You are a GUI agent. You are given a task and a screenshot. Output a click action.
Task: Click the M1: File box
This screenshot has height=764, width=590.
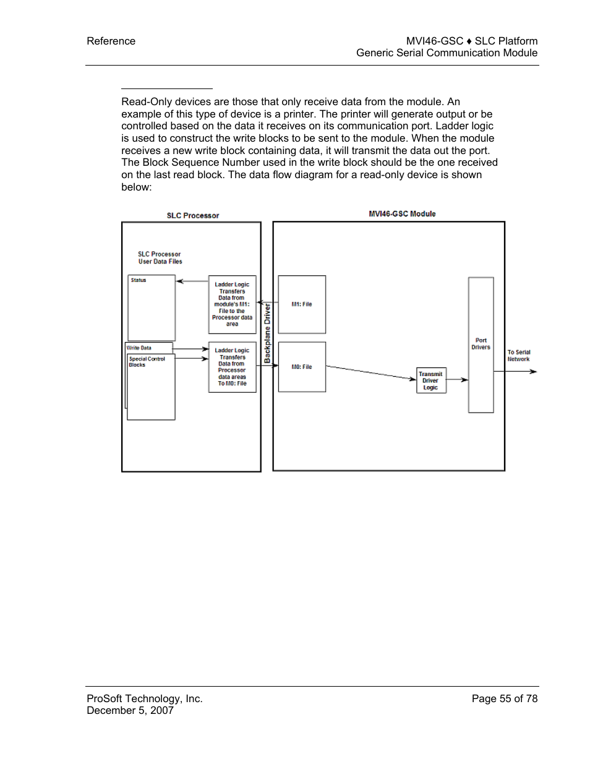[x=302, y=304]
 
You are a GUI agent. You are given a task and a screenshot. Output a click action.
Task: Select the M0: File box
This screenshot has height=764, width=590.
[x=302, y=367]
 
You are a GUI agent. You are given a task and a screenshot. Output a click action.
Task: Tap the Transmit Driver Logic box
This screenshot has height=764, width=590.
[x=430, y=381]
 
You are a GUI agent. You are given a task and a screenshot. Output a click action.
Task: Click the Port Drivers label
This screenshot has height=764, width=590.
[x=481, y=344]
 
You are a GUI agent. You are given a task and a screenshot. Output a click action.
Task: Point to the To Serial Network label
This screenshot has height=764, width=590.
[x=519, y=356]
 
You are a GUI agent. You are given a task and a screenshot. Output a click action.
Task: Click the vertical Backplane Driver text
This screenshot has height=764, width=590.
[x=267, y=333]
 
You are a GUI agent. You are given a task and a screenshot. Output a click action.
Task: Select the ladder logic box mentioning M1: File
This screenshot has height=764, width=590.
[x=232, y=304]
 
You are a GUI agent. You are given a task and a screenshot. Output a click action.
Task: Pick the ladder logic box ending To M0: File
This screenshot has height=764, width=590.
[x=232, y=367]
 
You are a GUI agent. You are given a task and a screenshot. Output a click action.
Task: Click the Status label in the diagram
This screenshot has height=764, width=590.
[x=139, y=280]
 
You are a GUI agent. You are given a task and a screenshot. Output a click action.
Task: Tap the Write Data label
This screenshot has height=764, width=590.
[x=139, y=348]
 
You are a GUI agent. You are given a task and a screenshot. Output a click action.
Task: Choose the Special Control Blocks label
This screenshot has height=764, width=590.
[x=147, y=362]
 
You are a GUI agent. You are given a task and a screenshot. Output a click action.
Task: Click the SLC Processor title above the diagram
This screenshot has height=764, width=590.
[x=193, y=216]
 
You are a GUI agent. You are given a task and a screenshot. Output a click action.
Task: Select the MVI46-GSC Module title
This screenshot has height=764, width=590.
[x=402, y=214]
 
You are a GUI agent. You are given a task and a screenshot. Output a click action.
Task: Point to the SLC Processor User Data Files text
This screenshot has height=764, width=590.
[x=160, y=258]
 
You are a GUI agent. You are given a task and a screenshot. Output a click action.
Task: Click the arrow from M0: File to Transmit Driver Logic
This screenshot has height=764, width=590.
[x=371, y=372]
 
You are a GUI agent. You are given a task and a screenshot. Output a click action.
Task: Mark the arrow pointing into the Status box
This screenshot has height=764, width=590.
[x=192, y=281]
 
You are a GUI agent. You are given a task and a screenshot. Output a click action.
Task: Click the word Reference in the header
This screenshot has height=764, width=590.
[x=111, y=41]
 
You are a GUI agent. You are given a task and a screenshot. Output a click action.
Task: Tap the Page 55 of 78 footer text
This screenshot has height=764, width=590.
[x=504, y=698]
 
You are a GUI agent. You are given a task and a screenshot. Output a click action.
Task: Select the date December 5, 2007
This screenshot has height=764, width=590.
[x=130, y=710]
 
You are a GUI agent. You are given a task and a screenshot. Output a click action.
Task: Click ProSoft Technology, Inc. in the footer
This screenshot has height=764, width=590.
[x=145, y=698]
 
